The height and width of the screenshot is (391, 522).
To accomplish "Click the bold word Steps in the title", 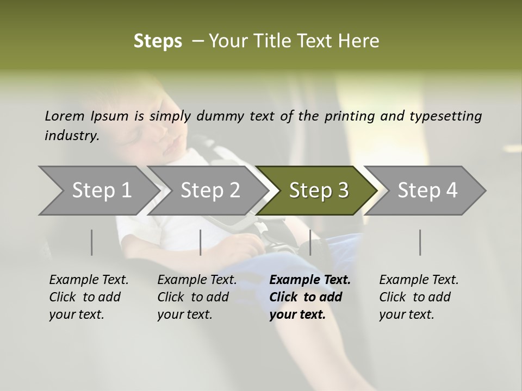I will coord(158,41).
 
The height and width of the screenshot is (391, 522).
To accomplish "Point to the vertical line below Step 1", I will coord(92,242).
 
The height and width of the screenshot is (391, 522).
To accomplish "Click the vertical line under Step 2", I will coord(201,242).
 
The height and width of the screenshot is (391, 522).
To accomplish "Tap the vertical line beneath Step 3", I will coord(310,242).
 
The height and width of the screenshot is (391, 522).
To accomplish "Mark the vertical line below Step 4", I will coord(420,242).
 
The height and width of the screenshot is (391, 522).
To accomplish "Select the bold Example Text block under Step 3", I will coord(310,297).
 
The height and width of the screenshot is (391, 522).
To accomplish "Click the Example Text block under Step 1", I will coord(89,297).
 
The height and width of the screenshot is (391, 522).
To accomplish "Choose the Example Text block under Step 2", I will coord(197,297).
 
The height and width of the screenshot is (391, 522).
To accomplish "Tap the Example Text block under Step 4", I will coord(419,297).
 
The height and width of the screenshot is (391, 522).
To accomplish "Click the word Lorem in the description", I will coord(65,116).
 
